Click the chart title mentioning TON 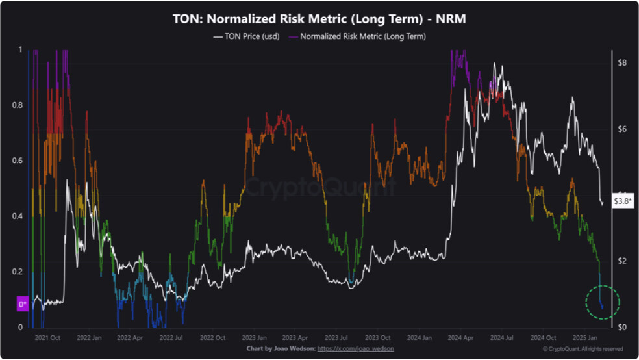319,19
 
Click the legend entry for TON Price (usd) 246,36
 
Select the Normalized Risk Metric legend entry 357,36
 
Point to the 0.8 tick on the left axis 18,105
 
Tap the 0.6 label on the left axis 18,161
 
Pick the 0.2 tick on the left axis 18,272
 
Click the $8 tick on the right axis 622,63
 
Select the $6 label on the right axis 622,129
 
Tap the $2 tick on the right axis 622,261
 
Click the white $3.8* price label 623,201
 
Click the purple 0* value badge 23,304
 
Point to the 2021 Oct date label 47,337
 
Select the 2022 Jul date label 171,337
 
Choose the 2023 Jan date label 255,337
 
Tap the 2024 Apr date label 460,337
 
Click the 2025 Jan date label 585,337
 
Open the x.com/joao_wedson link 356,348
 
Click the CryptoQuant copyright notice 583,349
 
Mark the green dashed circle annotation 603,285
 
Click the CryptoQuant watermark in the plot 320,186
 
